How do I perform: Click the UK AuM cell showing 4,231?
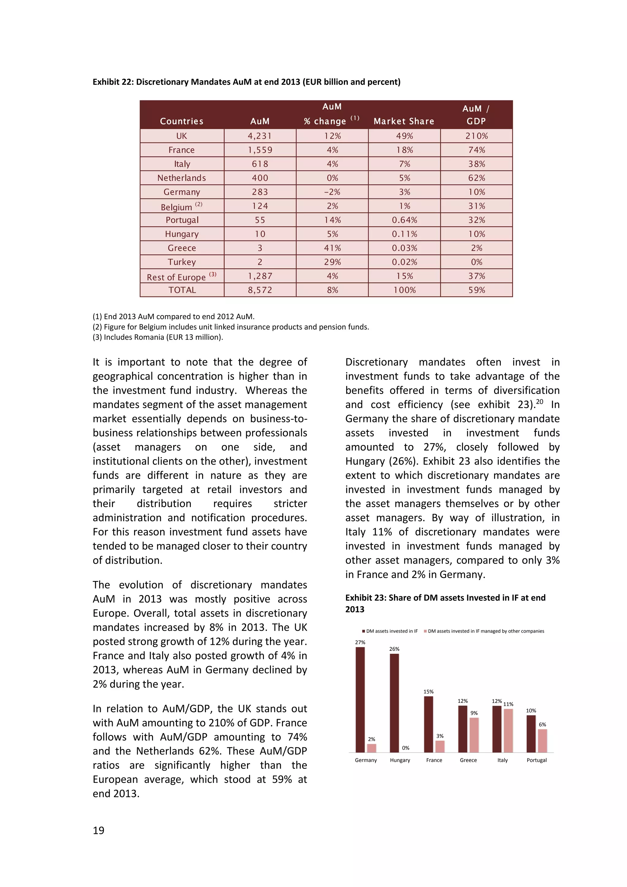pos(260,136)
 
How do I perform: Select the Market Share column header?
pos(404,121)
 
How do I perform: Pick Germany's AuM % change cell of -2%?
pos(332,192)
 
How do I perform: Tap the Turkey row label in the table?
pos(182,262)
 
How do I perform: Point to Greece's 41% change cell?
pos(332,248)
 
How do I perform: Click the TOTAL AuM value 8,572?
pos(260,290)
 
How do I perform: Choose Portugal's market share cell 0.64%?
pos(404,220)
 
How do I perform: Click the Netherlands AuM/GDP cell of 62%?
pos(476,178)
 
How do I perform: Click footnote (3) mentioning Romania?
pos(158,337)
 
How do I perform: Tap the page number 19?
pos(99,830)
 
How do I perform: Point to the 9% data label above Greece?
pos(474,713)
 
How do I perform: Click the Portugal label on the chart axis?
pos(536,760)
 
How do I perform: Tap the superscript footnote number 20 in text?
pos(539,402)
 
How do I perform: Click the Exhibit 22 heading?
pos(246,82)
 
